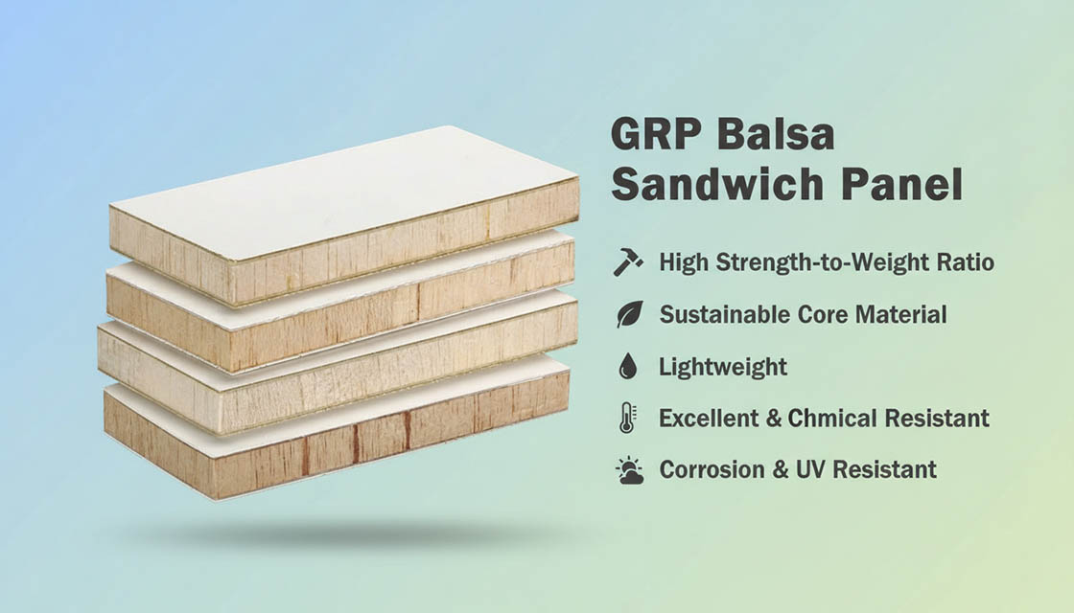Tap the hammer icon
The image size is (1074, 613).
pos(628,262)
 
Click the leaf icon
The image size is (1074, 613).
pos(629,314)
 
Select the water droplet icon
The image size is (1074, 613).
pos(628,366)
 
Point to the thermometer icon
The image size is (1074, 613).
pos(628,418)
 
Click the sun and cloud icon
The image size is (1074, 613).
pos(629,469)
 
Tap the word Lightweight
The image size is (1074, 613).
pos(722,367)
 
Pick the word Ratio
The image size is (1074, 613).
pos(963,262)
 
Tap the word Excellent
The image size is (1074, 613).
pos(715,418)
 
